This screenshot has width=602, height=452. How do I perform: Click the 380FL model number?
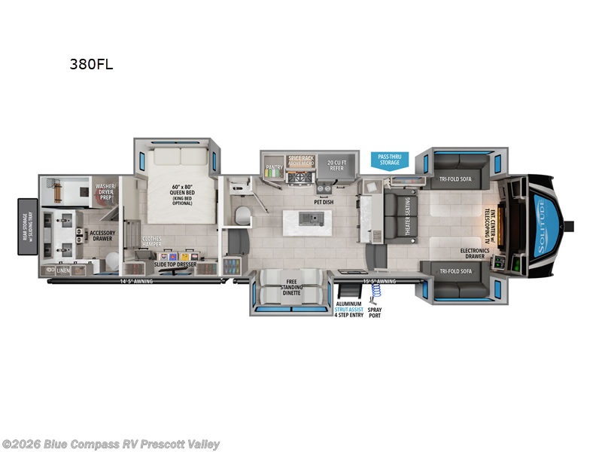[x=90, y=64]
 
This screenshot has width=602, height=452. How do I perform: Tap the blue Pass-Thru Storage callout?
[x=389, y=160]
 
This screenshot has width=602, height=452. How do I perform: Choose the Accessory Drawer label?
[x=102, y=237]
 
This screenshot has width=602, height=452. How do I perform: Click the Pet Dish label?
[x=324, y=202]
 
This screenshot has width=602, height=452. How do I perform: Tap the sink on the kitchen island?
[x=309, y=219]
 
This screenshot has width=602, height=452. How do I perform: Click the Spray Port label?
[x=375, y=310]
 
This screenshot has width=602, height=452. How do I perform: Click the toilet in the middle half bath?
[x=242, y=216]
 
